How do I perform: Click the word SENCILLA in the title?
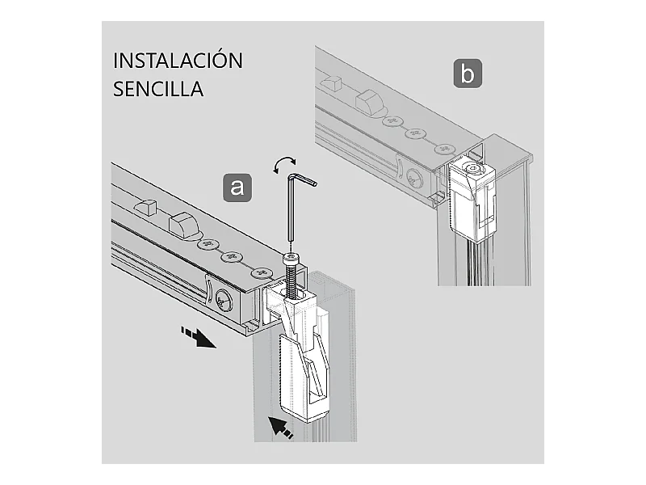[158, 89]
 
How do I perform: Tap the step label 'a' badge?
[237, 188]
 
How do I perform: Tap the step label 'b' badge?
[468, 74]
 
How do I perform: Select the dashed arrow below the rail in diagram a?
[198, 337]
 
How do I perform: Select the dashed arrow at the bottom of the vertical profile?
[280, 428]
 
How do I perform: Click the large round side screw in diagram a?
[224, 301]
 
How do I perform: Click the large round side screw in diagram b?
[415, 178]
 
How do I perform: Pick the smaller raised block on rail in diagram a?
[146, 207]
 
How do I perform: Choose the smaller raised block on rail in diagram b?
[333, 83]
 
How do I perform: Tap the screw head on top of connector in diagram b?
[472, 167]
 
